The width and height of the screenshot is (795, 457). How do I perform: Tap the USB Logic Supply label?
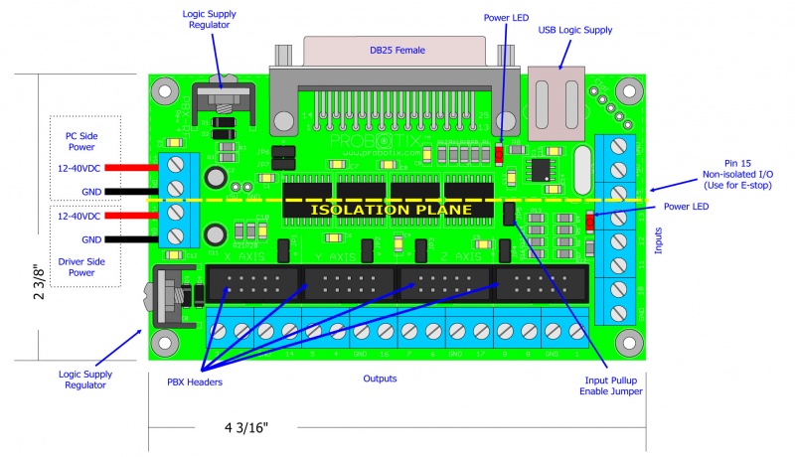pos(575,30)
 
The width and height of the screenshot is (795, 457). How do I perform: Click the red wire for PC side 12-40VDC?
pos(128,168)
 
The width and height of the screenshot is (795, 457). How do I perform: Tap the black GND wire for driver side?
pos(128,239)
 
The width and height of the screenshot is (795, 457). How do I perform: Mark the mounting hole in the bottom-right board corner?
pos(626,341)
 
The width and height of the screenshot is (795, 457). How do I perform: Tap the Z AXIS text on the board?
pos(429,255)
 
